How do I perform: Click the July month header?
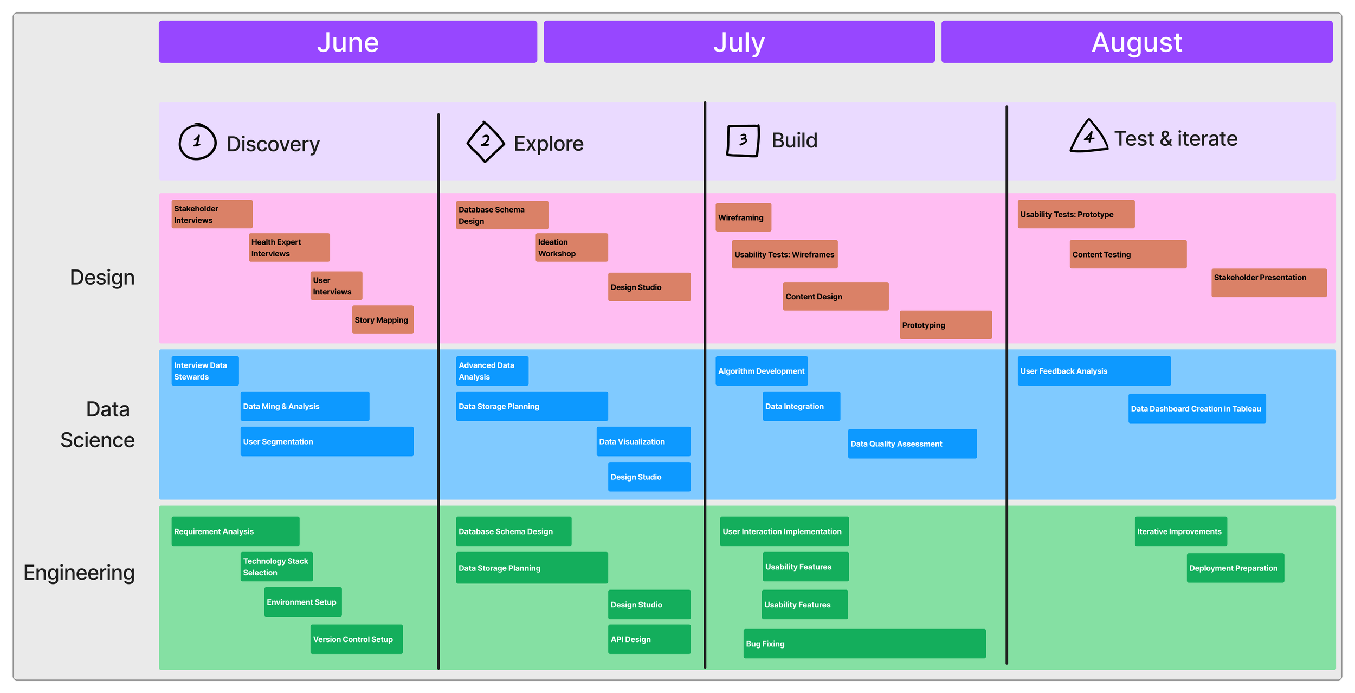point(739,42)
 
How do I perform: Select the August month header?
point(1137,42)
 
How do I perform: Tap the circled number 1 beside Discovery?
point(197,142)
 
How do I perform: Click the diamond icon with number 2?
point(485,142)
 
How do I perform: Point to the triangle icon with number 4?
point(1088,137)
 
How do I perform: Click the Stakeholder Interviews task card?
point(212,214)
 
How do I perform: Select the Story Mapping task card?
point(383,320)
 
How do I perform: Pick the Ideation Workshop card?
point(571,248)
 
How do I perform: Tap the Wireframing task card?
point(743,217)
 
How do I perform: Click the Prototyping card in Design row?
point(945,325)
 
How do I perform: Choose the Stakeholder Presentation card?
point(1269,283)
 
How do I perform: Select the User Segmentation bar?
point(327,441)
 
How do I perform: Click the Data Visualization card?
point(643,441)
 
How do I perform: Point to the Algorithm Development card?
point(762,371)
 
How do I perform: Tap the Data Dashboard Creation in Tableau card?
point(1197,408)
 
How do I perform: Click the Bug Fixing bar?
point(864,644)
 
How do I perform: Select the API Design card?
point(649,639)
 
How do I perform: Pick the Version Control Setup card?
point(356,639)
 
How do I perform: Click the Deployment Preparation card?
point(1235,568)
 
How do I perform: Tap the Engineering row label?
point(79,573)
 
